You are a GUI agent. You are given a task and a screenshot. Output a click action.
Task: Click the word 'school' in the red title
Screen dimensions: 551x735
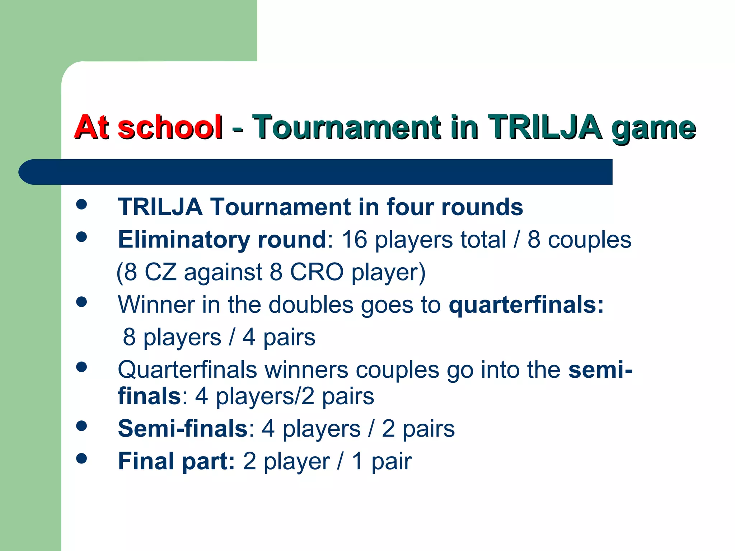pos(169,127)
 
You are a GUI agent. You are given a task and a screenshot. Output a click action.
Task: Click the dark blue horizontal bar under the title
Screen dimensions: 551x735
pos(316,172)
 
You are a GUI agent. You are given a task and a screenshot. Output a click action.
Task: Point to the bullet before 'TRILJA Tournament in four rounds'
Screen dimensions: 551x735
pos(82,204)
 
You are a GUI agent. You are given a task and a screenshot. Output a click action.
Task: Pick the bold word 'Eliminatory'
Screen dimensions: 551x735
pos(184,240)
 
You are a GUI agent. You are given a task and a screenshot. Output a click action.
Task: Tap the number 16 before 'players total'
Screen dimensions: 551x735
pos(354,240)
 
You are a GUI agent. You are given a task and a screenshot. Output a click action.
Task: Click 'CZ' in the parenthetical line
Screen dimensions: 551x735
pos(160,272)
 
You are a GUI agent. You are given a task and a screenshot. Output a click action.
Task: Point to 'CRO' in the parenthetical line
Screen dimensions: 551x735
pos(317,272)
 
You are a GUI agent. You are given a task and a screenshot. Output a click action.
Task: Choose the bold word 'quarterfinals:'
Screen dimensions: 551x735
pos(526,305)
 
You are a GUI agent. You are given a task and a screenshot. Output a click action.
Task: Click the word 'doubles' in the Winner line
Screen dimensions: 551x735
pos(311,305)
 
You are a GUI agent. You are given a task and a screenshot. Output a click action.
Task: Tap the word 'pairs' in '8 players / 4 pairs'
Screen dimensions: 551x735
pos(289,338)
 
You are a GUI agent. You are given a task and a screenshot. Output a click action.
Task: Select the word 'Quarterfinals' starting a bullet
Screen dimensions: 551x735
pos(187,370)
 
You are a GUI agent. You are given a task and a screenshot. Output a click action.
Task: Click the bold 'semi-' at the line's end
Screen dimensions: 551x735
pos(600,370)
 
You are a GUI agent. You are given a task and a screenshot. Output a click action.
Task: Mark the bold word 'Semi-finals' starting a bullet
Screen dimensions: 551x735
pos(183,429)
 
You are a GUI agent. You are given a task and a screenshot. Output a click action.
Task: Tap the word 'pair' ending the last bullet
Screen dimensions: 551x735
pos(391,462)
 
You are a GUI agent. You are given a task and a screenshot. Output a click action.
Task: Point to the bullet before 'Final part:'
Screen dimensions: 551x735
pos(82,458)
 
